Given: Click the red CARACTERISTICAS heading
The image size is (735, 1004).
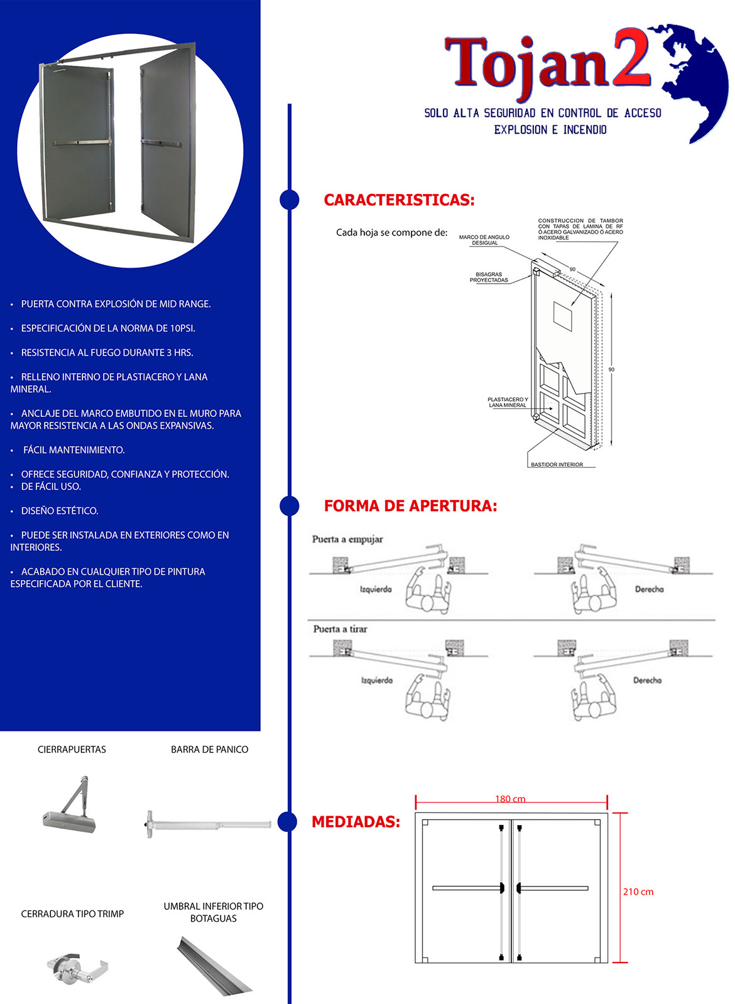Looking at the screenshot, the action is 399,200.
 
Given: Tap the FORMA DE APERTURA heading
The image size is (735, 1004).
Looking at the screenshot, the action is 410,505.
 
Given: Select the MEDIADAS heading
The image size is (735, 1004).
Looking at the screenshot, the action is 356,821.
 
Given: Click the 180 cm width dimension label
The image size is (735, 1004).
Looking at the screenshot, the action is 510,799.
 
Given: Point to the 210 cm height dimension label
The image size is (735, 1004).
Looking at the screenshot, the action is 638,892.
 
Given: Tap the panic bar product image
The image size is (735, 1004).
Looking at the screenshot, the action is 208,824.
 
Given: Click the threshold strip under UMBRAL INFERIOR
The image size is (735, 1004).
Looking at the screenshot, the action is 214,964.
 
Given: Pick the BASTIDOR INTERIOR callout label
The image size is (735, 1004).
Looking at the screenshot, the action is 557,465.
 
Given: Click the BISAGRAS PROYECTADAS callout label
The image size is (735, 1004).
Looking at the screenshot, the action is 488,277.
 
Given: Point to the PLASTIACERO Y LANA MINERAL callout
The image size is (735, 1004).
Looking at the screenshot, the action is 508,402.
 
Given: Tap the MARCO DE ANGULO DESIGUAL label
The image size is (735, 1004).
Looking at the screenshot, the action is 484,240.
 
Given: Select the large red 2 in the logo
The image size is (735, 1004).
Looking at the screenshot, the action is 631,57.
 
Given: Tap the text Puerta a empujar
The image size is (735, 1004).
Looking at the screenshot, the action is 347,539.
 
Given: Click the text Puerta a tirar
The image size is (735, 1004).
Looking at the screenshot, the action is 340,629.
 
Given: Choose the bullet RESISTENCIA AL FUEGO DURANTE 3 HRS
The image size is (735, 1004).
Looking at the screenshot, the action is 107,353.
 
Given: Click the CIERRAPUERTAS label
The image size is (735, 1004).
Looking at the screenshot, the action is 72,750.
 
